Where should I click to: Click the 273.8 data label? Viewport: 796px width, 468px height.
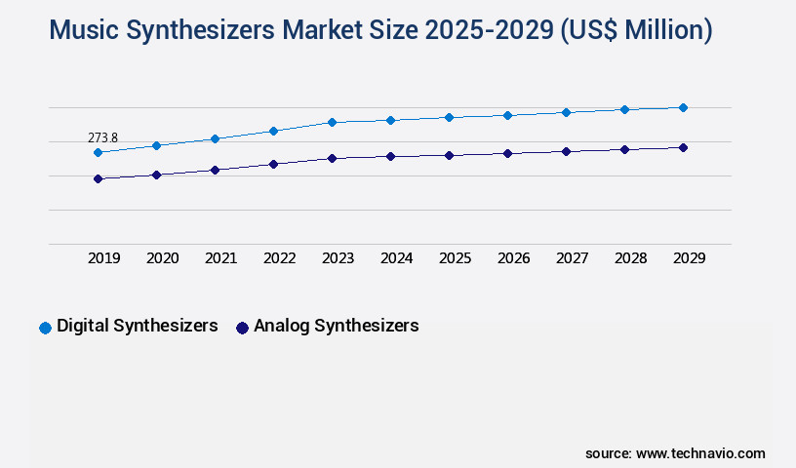[x=102, y=137]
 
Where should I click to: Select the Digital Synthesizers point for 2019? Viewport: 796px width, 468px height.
[x=98, y=152]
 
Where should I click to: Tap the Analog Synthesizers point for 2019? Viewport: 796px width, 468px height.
[x=98, y=178]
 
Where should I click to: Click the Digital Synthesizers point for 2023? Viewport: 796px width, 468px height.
[x=332, y=122]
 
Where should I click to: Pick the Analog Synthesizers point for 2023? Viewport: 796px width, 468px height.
[x=332, y=158]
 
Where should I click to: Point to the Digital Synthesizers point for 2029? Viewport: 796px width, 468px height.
[x=683, y=107]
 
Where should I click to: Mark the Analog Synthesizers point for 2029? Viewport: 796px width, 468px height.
[x=683, y=147]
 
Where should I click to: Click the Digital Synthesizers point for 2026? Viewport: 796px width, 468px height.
[x=507, y=115]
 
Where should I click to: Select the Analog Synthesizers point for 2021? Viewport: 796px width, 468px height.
[x=215, y=170]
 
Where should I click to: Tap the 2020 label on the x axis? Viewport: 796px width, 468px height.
[x=162, y=258]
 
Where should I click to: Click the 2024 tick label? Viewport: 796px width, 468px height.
[x=396, y=258]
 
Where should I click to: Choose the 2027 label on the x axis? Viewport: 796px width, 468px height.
[x=572, y=258]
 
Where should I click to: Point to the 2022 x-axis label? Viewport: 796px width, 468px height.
[x=279, y=258]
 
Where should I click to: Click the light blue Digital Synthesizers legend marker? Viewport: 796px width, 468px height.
[x=45, y=328]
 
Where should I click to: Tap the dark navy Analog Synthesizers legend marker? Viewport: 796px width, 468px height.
[x=242, y=328]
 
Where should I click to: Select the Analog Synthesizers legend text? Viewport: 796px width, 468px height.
[x=336, y=326]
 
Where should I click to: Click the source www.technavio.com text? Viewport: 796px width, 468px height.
[x=675, y=453]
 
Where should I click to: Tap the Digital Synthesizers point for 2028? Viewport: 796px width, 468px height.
[x=624, y=109]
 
